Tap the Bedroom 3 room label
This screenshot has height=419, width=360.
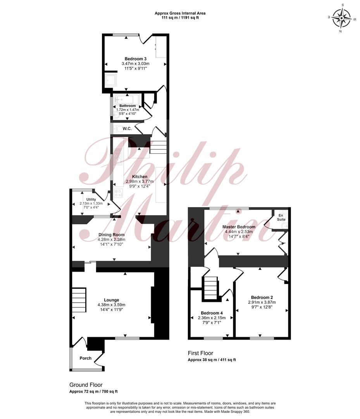click(136, 59)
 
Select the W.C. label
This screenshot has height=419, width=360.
click(127, 129)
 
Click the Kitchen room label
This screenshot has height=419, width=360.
click(140, 177)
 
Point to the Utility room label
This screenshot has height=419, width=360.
click(91, 199)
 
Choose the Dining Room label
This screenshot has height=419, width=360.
click(112, 235)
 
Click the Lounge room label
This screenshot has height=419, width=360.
click(112, 300)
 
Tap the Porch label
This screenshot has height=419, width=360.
click(85, 358)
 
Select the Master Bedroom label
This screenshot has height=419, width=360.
click(239, 227)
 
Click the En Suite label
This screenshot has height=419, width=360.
click(281, 217)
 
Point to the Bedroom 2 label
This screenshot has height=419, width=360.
click(262, 298)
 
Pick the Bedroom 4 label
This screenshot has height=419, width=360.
click(212, 313)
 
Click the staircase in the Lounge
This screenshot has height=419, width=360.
click(79, 300)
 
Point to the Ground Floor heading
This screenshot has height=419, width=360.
click(86, 385)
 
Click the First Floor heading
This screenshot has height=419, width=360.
click(200, 353)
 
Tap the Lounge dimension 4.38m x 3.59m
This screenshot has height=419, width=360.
click(112, 305)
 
